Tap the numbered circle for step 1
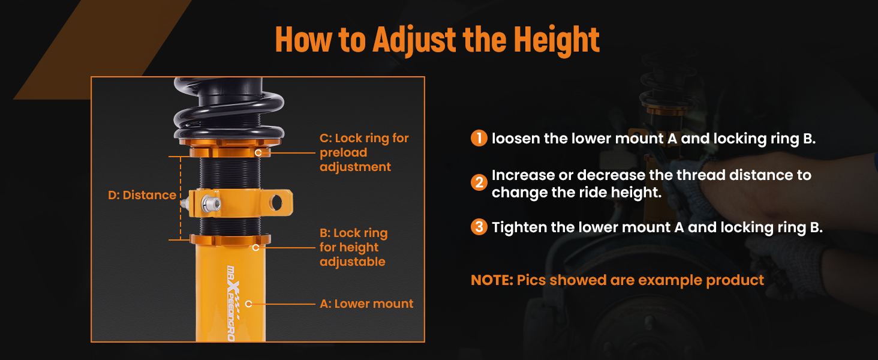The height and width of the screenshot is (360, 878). (x=479, y=138)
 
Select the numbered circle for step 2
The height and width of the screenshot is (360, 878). (x=479, y=182)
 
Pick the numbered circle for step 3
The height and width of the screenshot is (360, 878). (x=479, y=227)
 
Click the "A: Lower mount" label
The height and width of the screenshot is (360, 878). (x=366, y=304)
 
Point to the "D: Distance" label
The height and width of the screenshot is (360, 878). (x=142, y=195)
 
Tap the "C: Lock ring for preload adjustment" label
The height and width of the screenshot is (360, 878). (x=364, y=152)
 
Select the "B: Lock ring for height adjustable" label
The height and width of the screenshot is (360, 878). (x=354, y=247)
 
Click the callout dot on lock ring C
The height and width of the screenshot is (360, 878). (x=258, y=152)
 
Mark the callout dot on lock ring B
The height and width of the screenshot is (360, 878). (x=255, y=247)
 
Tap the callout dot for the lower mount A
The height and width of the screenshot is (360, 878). (x=248, y=304)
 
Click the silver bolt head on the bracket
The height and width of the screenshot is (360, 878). (x=211, y=203)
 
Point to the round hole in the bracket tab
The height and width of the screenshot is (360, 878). (x=276, y=203)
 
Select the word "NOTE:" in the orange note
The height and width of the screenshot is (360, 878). (x=492, y=280)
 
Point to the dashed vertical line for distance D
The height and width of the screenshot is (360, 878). (x=181, y=198)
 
